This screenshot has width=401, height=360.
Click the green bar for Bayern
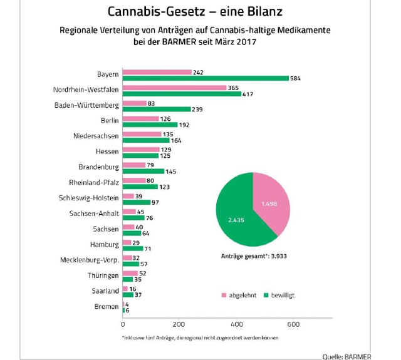[x=206, y=78]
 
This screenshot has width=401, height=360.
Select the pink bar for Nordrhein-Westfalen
[x=174, y=87]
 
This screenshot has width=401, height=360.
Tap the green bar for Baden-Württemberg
[x=156, y=109]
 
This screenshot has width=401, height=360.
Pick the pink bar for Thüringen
[x=130, y=272]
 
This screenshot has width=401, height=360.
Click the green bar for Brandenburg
[x=143, y=171]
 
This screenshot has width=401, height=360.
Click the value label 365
[x=233, y=87]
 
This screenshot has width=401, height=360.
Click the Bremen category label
[x=107, y=307]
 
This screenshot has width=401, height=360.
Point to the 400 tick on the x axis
[x=237, y=324]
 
